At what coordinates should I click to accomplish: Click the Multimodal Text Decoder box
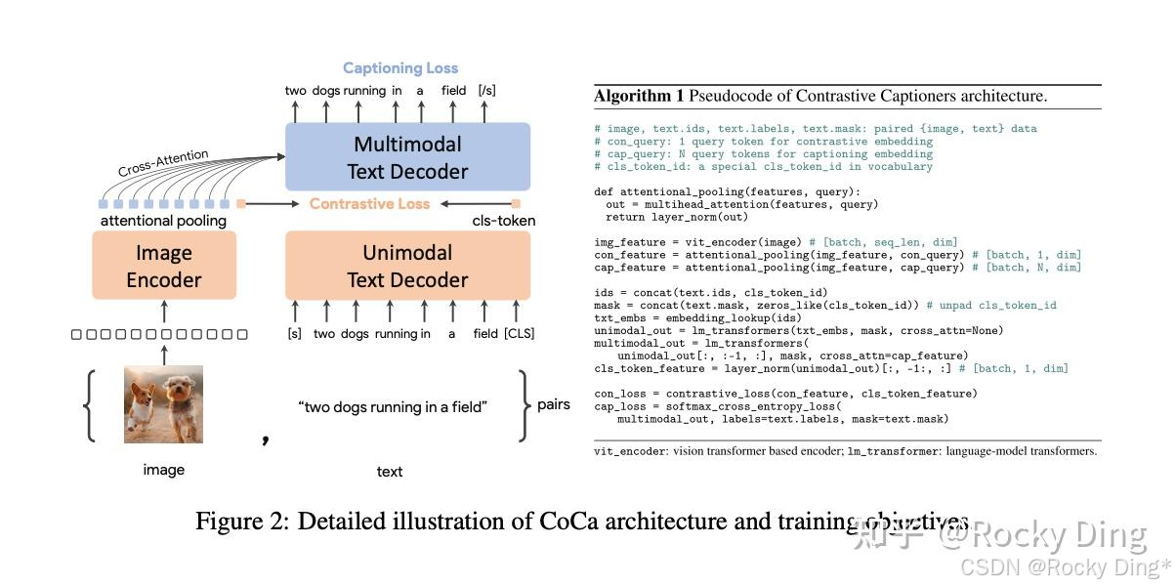[x=407, y=157]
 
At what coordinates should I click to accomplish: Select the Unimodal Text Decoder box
[x=407, y=266]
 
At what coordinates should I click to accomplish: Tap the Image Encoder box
[x=164, y=266]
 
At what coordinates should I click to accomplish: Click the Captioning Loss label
[x=400, y=68]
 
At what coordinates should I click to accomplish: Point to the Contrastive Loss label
[x=369, y=203]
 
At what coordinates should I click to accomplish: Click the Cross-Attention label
[x=163, y=164]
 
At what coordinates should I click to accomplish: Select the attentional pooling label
[x=163, y=221]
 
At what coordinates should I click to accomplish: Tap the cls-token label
[x=504, y=221]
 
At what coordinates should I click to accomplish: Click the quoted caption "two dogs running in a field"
[x=392, y=406]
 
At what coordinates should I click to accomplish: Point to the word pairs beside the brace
[x=554, y=404]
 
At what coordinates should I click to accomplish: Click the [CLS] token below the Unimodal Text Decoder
[x=519, y=334]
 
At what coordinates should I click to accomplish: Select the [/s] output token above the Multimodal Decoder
[x=486, y=91]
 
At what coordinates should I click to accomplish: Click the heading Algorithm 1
[x=639, y=96]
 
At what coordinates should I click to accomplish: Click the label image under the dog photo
[x=163, y=470]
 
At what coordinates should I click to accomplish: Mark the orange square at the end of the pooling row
[x=240, y=204]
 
